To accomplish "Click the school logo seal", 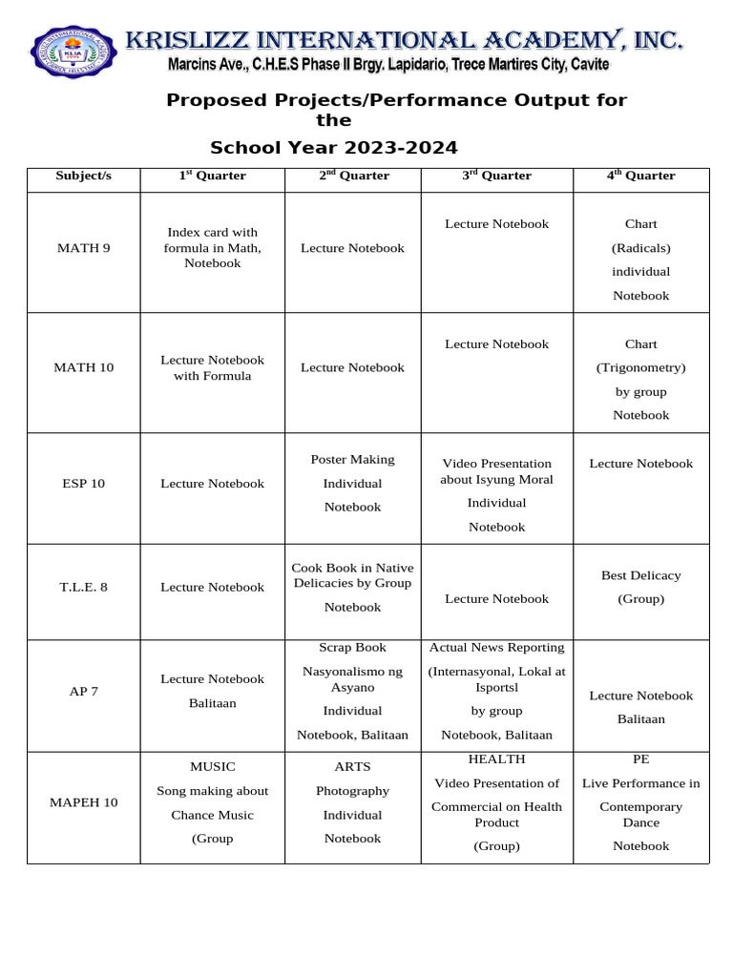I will [73, 52].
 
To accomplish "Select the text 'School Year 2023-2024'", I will [333, 148].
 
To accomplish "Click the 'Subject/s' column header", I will [83, 176].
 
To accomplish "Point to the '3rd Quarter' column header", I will [496, 176].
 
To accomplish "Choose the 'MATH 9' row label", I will [83, 248].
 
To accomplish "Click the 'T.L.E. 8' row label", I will [83, 587].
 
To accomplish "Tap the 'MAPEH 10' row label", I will [83, 802].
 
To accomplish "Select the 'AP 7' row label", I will [83, 691].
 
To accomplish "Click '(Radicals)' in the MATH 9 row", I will [640, 248].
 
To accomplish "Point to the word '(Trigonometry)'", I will [640, 367].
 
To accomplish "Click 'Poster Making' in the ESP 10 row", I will [352, 460].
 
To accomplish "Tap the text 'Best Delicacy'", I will [640, 575].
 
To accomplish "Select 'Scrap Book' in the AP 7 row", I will [352, 648].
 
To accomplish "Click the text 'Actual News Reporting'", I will [496, 648].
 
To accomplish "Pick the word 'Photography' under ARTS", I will [352, 791].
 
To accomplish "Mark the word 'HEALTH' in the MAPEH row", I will [496, 759].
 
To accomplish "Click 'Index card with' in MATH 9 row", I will [212, 232].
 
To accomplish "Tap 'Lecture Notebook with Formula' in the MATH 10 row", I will [212, 367].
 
